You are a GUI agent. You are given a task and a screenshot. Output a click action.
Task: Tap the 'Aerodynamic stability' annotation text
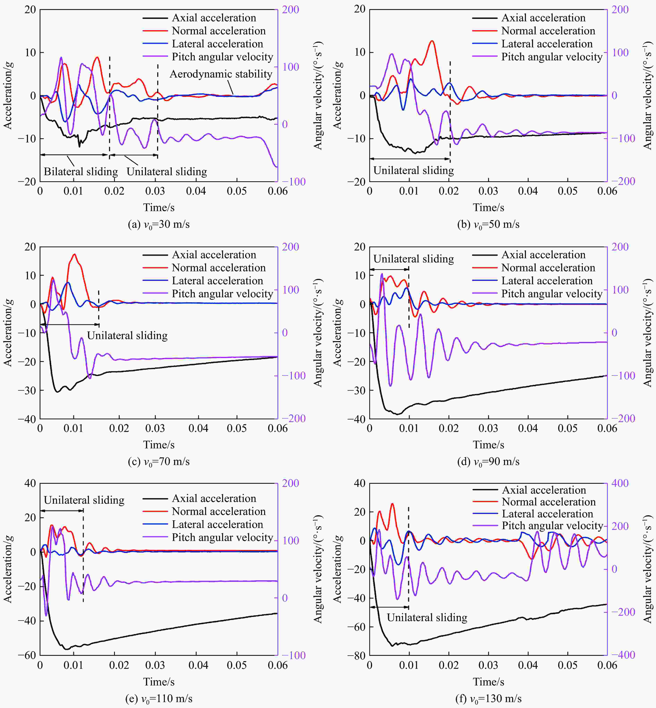pos(221,74)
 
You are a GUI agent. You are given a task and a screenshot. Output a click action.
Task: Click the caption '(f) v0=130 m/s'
pos(489,699)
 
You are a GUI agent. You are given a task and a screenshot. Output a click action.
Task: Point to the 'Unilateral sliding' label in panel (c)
pos(127,336)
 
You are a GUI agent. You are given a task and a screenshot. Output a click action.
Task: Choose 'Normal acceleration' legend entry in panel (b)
pos(548,31)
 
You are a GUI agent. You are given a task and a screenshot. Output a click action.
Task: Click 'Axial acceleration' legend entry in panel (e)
pos(214,498)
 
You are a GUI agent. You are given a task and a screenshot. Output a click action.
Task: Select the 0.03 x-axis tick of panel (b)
pos(488,191)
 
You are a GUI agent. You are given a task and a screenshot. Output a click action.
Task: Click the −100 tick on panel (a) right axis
pos(290,182)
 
